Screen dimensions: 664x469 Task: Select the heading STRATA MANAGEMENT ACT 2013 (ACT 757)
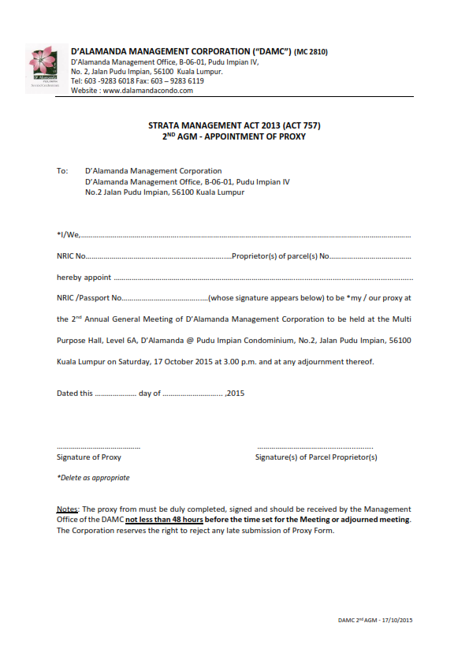[234, 125]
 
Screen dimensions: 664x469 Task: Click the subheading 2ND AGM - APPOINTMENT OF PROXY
[234, 136]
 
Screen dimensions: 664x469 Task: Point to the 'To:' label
[62, 171]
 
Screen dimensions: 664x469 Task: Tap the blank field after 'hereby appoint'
[263, 278]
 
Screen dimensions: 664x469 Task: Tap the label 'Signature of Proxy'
[89, 457]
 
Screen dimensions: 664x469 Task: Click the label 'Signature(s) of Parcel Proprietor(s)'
[316, 457]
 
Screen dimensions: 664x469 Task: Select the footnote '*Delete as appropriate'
[93, 478]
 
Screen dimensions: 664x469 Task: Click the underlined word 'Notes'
[68, 509]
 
